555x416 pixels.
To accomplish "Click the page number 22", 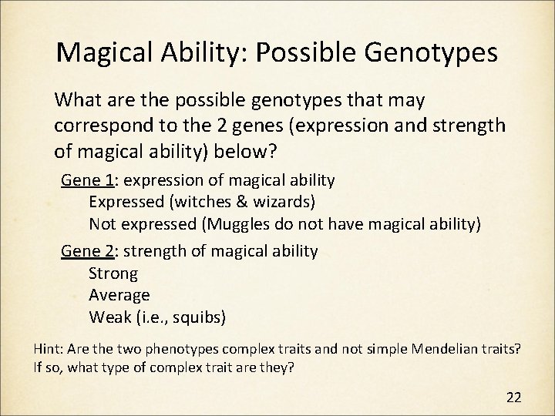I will pyautogui.click(x=513, y=398).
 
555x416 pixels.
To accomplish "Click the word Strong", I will pyautogui.click(x=113, y=273).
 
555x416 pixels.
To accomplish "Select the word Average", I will pyautogui.click(x=119, y=294).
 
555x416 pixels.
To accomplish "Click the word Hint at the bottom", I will pyautogui.click(x=49, y=348).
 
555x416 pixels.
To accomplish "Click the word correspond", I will pyautogui.click(x=97, y=125).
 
